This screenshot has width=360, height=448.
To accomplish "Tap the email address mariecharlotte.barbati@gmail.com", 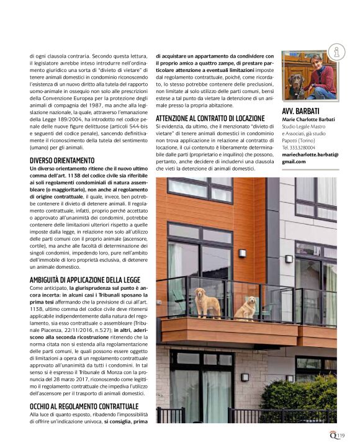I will point(310,158).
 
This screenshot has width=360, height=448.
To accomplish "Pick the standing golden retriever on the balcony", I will point(207,302).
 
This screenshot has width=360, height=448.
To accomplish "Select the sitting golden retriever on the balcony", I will point(248,308).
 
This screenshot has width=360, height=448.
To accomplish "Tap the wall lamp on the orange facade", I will point(242,253).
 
